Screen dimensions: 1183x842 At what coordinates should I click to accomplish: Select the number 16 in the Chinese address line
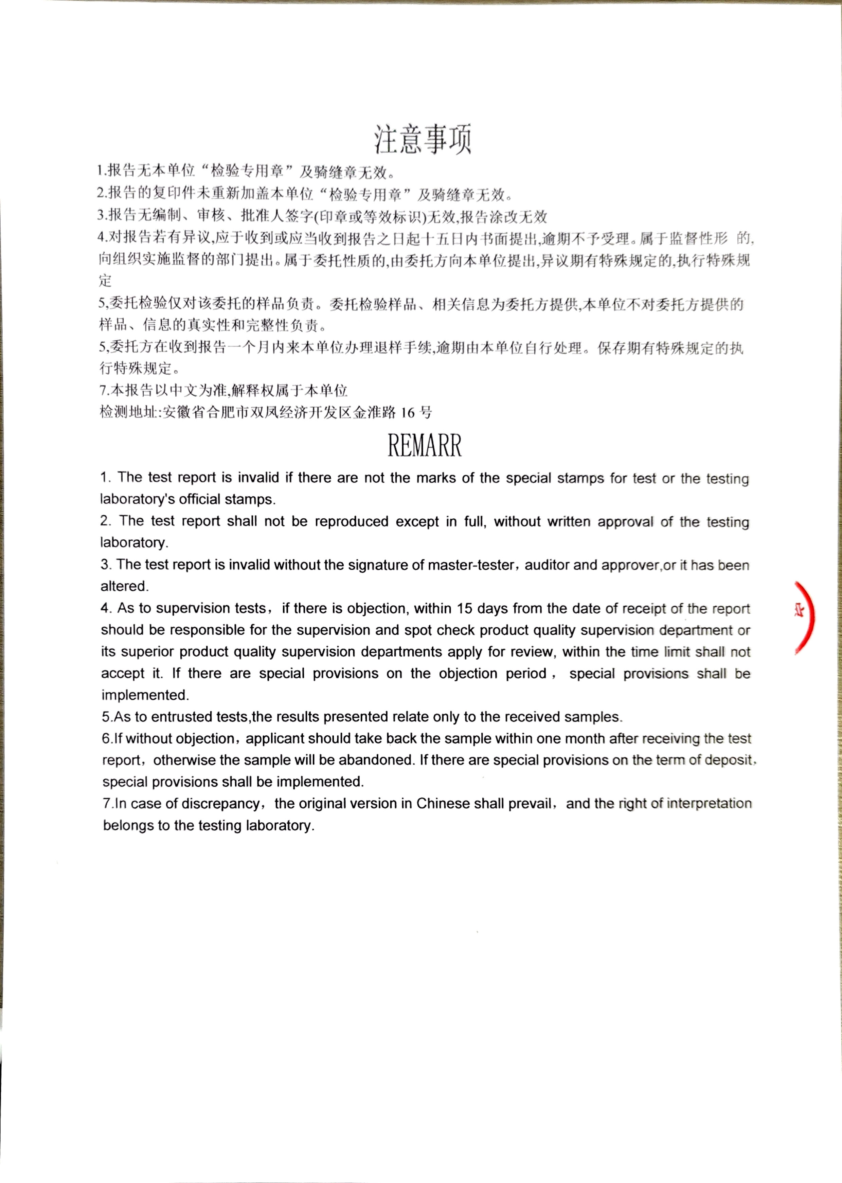tap(408, 413)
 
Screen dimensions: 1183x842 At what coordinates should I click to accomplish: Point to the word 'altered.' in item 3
tap(124, 586)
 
